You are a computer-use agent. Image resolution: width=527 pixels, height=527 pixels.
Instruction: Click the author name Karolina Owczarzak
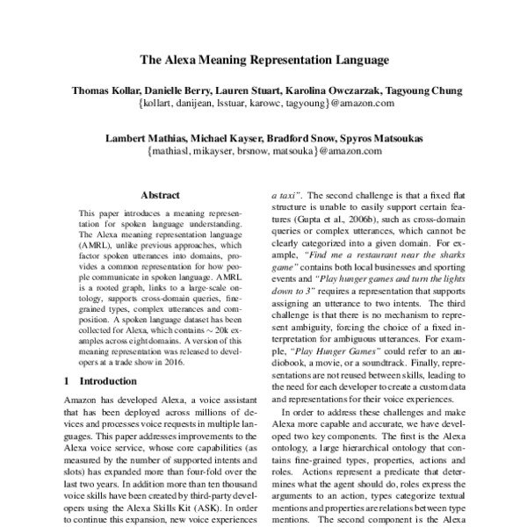pos(336,90)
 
